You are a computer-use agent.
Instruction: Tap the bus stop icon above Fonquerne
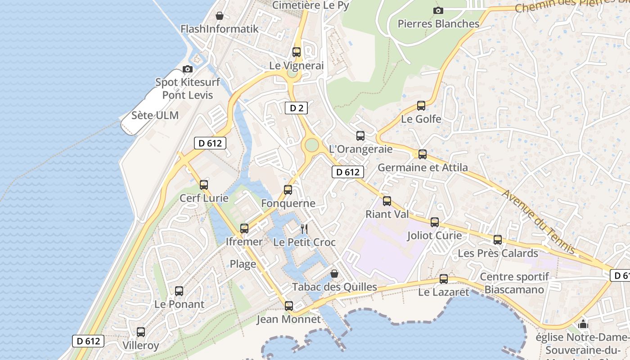coord(288,190)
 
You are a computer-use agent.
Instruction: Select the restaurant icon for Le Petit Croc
coord(304,229)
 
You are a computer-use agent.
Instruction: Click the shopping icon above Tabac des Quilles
coord(334,273)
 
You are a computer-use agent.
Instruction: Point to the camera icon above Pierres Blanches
coord(438,10)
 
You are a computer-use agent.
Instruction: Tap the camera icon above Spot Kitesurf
coord(188,69)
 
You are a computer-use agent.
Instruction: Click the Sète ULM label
coord(155,115)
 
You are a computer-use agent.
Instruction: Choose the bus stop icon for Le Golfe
coord(421,106)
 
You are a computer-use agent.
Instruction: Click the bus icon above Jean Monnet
coord(289,306)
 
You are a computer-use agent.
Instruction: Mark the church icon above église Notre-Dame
coord(583,324)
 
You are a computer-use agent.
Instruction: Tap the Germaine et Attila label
coord(423,167)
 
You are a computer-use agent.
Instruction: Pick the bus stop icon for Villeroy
coord(141,332)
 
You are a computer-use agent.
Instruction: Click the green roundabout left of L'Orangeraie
coord(311,145)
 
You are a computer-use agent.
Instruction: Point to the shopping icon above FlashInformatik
coord(219,16)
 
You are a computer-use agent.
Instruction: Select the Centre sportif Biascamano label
coord(514,283)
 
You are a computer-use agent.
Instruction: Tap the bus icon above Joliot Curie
coord(435,222)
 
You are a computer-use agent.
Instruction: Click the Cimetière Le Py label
coord(310,5)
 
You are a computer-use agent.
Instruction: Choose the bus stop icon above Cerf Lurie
coord(204,184)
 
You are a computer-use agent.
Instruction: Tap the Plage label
coord(243,264)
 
